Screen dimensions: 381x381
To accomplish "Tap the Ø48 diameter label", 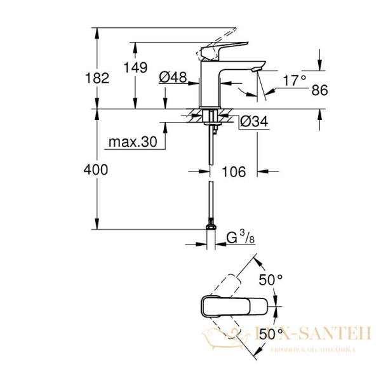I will [171, 77].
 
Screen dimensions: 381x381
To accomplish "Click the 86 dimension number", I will [319, 91].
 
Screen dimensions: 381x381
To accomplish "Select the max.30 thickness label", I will [131, 142].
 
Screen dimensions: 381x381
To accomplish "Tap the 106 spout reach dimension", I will [233, 171].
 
